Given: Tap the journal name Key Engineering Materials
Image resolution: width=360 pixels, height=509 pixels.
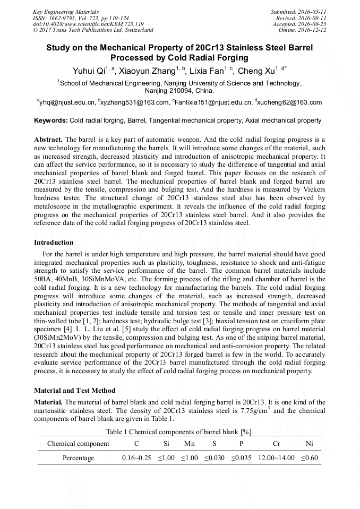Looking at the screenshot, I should (66, 11).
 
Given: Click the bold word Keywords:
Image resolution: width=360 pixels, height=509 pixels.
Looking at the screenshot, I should (51, 121).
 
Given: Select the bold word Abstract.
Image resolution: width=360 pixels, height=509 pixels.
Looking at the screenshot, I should (48, 139).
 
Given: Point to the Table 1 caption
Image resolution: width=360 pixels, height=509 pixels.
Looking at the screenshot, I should (179, 432).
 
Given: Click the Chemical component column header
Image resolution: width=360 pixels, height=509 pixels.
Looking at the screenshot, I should (78, 444).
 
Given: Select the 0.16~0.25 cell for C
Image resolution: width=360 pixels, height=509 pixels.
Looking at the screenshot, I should (136, 458).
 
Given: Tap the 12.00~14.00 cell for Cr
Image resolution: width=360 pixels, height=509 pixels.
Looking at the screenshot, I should (276, 458).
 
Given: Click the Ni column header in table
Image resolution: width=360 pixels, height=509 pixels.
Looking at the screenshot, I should (310, 444).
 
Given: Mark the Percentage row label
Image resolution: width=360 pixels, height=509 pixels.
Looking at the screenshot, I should (78, 458).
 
